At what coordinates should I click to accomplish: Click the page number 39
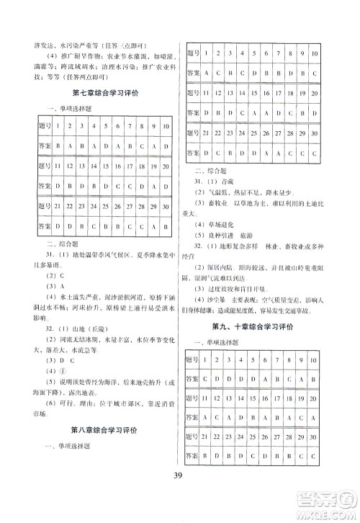click(x=180, y=492)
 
